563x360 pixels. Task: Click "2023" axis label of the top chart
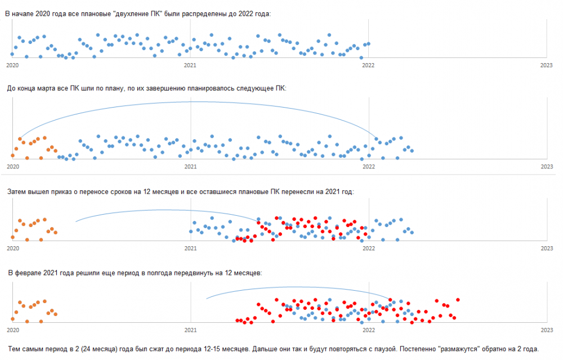(x=546, y=65)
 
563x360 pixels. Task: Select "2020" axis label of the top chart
(x=12, y=65)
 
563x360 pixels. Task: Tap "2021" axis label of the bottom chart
(x=190, y=330)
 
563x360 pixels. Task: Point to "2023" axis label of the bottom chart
(x=546, y=330)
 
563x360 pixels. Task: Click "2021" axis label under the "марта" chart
(x=190, y=167)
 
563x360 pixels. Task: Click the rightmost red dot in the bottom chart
(x=458, y=300)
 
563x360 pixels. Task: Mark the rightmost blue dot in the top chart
(x=368, y=43)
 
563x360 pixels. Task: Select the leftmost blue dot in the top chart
(x=12, y=54)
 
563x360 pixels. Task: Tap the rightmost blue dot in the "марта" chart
(x=412, y=151)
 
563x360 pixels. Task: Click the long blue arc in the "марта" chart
(x=191, y=102)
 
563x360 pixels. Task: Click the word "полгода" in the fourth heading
(x=158, y=273)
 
